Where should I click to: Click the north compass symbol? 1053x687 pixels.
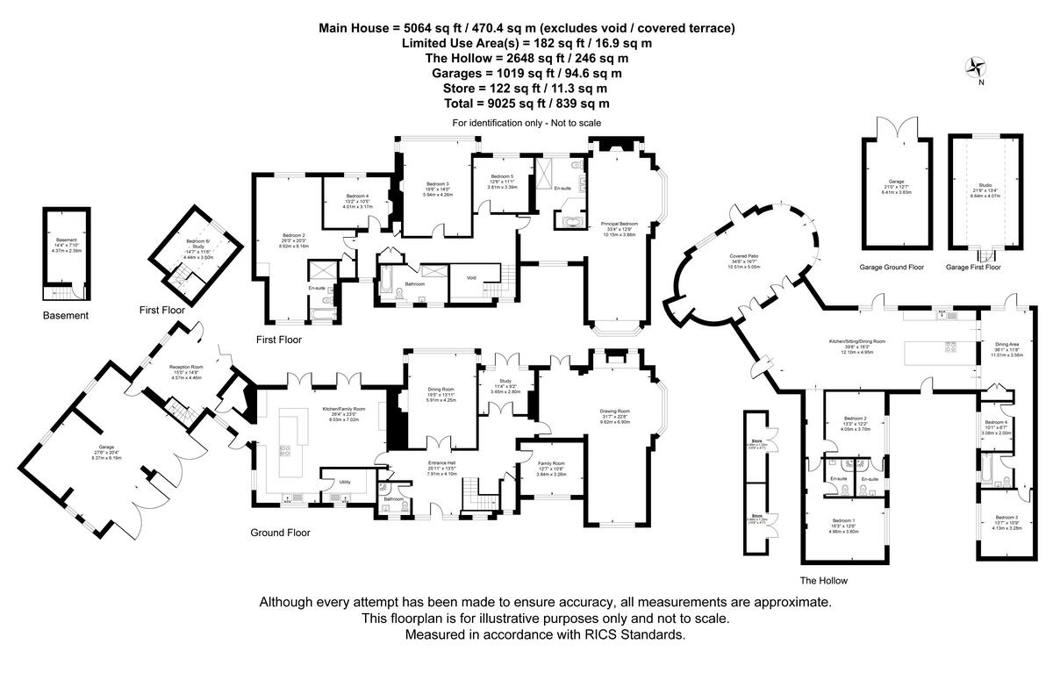[x=974, y=68]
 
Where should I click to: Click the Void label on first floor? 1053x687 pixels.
[x=471, y=278]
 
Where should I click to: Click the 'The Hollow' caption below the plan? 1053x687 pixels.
[x=823, y=581]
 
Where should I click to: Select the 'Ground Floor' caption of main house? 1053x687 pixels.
[x=280, y=533]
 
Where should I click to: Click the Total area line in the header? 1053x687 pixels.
[x=526, y=103]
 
